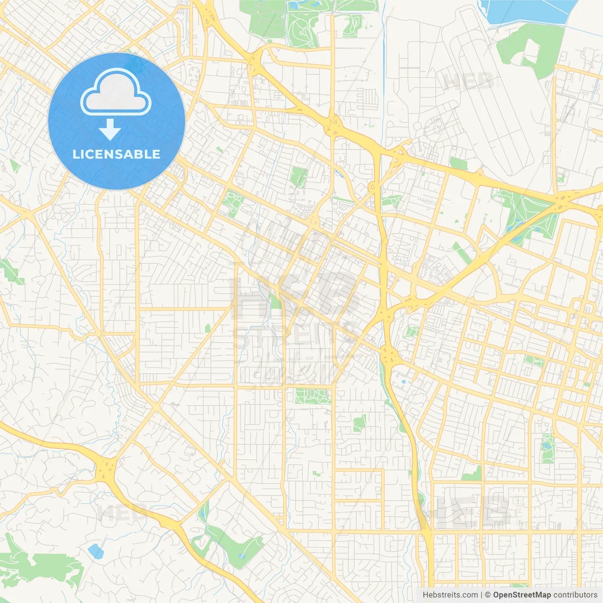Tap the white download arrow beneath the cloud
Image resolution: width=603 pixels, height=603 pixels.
pyautogui.click(x=110, y=130)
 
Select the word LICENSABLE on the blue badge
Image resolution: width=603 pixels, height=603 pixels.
pyautogui.click(x=116, y=154)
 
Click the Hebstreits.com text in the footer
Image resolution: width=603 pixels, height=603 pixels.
pyautogui.click(x=450, y=595)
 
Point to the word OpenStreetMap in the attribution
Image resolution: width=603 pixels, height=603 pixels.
pyautogui.click(x=522, y=595)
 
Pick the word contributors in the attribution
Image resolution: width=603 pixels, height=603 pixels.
pyautogui.click(x=575, y=595)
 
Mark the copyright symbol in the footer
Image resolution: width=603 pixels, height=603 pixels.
pyautogui.click(x=488, y=595)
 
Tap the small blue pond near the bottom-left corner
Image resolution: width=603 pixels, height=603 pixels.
pyautogui.click(x=95, y=551)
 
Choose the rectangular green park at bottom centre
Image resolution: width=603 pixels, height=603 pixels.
pyautogui.click(x=313, y=396)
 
